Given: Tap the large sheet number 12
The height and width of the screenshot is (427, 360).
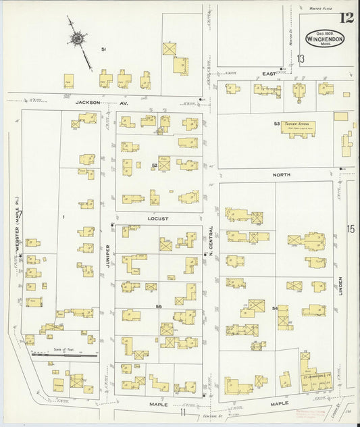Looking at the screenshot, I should click(348, 18).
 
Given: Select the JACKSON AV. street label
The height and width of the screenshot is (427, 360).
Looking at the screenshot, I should click(94, 103).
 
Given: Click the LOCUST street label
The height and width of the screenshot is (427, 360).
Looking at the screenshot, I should click(159, 220).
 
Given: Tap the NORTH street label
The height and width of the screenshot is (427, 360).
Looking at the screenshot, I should click(281, 174).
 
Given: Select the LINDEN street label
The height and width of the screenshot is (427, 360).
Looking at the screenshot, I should click(342, 284).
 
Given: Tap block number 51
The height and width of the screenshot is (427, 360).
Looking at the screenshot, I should click(103, 49).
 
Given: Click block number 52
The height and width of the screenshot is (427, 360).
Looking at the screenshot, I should click(155, 165).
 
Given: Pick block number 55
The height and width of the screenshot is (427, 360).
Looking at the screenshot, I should click(159, 307).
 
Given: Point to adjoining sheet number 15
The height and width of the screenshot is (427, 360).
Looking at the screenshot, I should click(351, 229).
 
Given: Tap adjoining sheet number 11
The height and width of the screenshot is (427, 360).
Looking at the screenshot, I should click(182, 411).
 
